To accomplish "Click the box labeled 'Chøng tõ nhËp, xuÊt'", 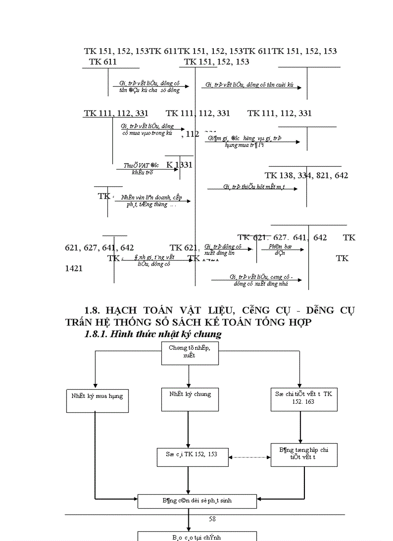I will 189,351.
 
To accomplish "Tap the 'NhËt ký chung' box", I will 190,394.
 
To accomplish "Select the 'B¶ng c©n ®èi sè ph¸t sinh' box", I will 197,501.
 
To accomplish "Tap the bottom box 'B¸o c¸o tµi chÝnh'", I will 197,536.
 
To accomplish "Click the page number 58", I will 212,519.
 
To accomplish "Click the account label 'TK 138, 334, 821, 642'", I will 306,175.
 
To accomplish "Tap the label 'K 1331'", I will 180,165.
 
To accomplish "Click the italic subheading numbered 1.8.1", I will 153,334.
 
